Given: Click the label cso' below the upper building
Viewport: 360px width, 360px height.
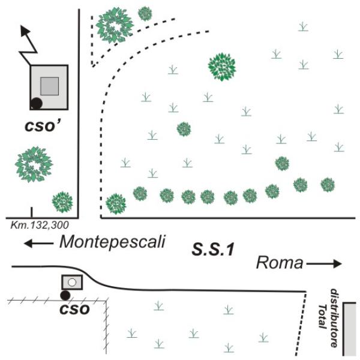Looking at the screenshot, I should (x=50, y=127).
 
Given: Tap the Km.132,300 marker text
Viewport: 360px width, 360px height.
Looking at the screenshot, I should (x=40, y=225).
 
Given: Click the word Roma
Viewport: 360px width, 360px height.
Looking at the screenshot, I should (x=278, y=263).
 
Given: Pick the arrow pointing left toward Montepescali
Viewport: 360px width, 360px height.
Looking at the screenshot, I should (x=37, y=243).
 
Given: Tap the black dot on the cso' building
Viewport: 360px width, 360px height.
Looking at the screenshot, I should (x=37, y=103).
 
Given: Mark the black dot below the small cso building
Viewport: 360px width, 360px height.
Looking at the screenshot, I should (x=65, y=295).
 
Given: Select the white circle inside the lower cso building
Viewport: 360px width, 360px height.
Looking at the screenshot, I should (x=71, y=281).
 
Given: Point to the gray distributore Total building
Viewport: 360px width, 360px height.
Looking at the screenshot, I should (x=350, y=329).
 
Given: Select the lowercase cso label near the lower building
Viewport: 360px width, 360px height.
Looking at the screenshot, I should (x=74, y=310).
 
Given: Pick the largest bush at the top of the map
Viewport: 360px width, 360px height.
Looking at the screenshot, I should (x=115, y=25).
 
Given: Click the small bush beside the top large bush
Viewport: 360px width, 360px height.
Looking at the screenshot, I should (x=145, y=13).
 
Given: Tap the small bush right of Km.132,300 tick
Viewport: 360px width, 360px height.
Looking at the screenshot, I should (x=62, y=202).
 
